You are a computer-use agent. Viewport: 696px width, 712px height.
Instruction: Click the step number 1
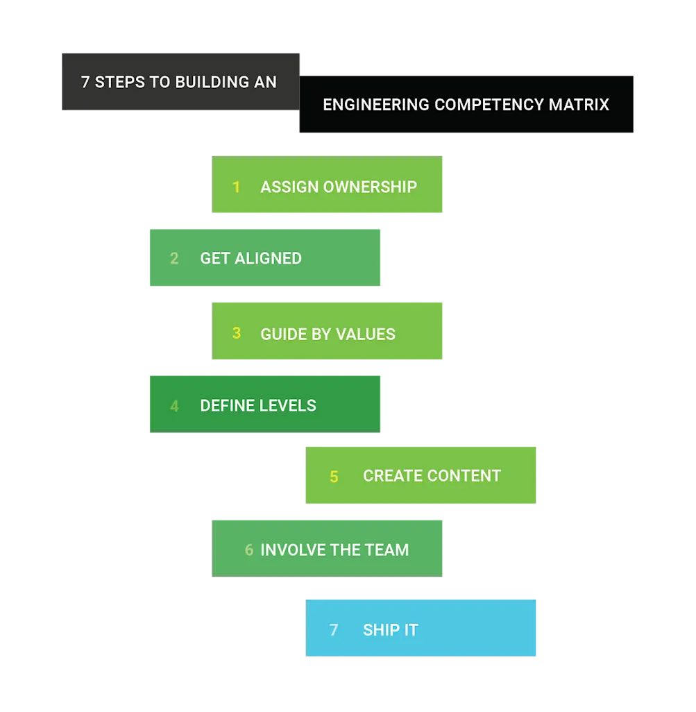tap(237, 187)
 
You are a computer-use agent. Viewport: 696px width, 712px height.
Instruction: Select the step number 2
tap(174, 259)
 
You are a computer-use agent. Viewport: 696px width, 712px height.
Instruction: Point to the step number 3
tap(237, 334)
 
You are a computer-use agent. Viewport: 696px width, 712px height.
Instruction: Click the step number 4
tap(174, 406)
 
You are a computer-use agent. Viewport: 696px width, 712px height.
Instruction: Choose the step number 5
tap(334, 477)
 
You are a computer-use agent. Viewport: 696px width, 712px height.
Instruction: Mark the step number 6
tap(249, 550)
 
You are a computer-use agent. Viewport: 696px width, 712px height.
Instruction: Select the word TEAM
tap(387, 550)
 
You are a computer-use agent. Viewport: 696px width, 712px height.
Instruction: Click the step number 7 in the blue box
tap(334, 630)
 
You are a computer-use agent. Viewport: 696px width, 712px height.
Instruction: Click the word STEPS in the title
tap(119, 82)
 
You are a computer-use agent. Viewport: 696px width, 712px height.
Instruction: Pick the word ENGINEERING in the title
tap(376, 105)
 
